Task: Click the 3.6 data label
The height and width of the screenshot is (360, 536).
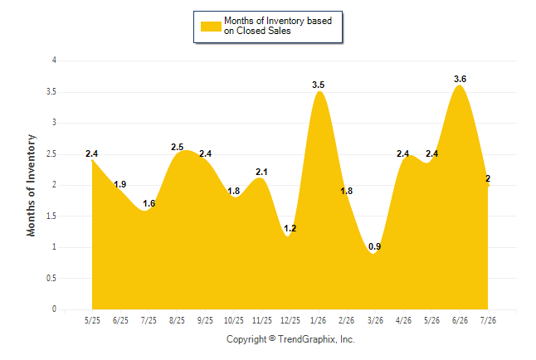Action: (x=460, y=79)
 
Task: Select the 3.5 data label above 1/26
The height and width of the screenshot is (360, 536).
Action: (x=319, y=85)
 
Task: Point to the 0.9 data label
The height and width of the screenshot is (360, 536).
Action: (x=375, y=246)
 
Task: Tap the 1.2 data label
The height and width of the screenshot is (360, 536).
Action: (x=290, y=228)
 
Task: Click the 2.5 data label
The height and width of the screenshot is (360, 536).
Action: (x=177, y=147)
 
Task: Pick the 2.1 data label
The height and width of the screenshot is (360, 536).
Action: (x=261, y=172)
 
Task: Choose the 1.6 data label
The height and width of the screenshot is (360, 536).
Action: (x=149, y=203)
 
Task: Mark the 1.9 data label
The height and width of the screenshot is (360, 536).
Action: (x=120, y=185)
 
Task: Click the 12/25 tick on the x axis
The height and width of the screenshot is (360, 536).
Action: (x=290, y=320)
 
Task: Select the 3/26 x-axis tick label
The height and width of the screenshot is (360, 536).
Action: (x=375, y=320)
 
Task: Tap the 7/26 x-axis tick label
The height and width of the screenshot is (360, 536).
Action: (x=488, y=320)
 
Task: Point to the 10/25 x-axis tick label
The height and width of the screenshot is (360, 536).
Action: (x=233, y=320)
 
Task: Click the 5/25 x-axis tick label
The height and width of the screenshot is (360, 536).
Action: (x=92, y=320)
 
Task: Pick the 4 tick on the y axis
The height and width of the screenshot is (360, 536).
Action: (x=54, y=61)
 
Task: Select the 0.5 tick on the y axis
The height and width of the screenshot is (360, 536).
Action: (x=51, y=278)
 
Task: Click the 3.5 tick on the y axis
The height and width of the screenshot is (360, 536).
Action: (x=51, y=91)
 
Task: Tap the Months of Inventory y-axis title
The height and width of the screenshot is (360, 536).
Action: (x=31, y=185)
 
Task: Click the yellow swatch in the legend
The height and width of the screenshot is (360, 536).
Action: (x=211, y=27)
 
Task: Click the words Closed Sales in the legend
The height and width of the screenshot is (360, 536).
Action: (x=264, y=31)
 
